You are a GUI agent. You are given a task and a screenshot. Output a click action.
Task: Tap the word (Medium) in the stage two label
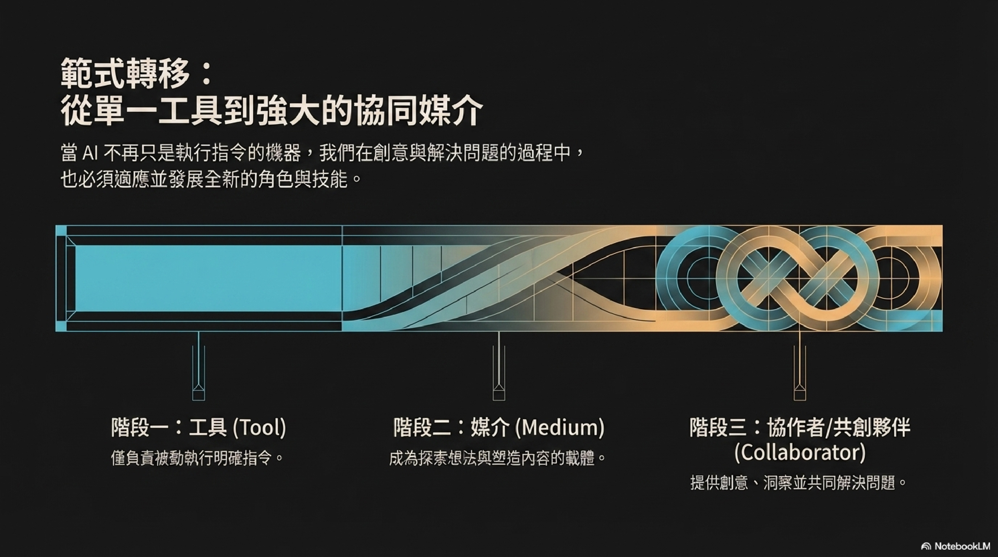click(x=560, y=427)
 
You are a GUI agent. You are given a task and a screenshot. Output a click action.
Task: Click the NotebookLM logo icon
click(x=926, y=547)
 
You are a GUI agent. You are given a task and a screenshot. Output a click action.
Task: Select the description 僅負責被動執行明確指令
click(x=197, y=458)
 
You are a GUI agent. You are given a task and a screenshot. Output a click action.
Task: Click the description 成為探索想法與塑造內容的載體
click(x=497, y=458)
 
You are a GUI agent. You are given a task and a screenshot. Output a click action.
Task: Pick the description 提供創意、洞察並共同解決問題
click(x=799, y=483)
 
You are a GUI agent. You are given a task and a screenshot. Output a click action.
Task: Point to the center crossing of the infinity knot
click(x=799, y=278)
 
